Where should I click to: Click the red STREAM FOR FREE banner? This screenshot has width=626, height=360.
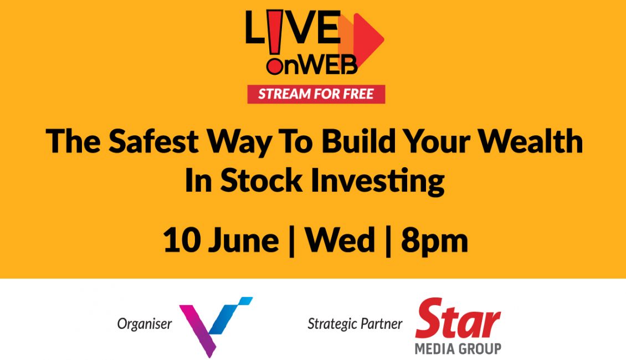(x=316, y=94)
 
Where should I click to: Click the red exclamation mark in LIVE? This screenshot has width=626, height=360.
(x=275, y=43)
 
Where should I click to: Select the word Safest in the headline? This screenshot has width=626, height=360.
(x=153, y=141)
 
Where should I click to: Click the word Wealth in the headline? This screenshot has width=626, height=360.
(x=531, y=141)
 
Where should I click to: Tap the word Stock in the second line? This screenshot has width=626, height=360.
(x=261, y=181)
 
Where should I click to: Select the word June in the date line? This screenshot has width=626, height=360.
(x=244, y=241)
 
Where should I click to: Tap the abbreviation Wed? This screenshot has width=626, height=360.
(x=340, y=240)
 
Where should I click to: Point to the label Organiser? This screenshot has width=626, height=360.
(x=145, y=324)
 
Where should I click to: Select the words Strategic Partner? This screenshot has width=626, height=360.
(x=355, y=323)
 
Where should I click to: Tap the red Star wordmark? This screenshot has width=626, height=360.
(x=458, y=318)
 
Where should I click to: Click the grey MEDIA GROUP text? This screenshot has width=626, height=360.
(x=458, y=349)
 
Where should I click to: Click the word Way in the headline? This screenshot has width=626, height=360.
(x=239, y=143)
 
